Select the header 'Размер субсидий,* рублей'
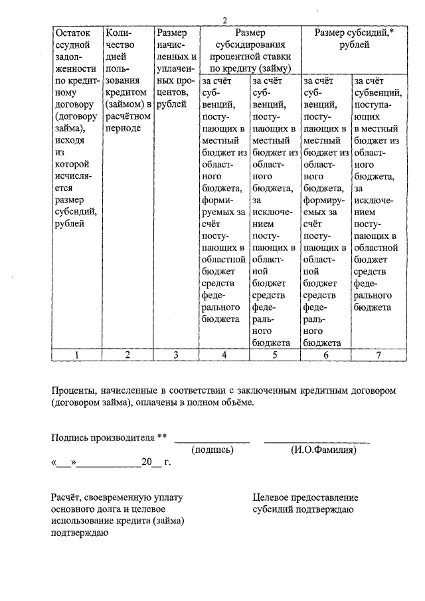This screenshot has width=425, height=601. coord(354,39)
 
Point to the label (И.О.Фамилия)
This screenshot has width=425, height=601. coord(323,450)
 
